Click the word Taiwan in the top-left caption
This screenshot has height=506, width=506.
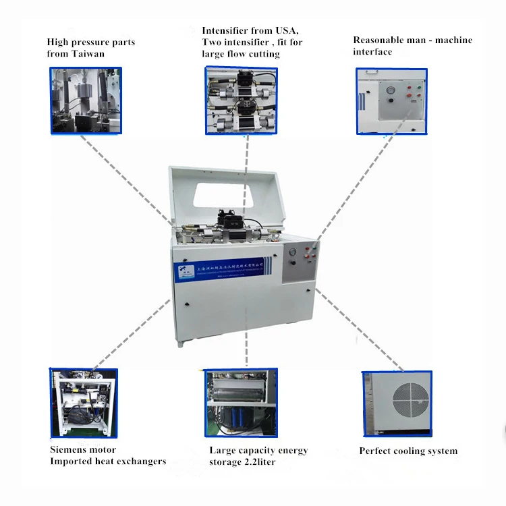89,54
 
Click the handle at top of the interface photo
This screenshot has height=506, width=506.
380,75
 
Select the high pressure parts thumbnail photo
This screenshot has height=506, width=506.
86,100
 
